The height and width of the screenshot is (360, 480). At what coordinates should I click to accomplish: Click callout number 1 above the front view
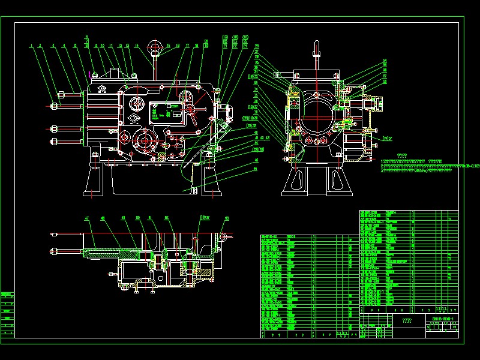click(30, 45)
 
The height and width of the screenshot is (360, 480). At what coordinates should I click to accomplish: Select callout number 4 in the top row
click(64, 45)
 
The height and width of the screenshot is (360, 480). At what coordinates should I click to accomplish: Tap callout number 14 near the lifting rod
click(137, 45)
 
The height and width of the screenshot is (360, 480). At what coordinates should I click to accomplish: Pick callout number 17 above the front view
click(188, 45)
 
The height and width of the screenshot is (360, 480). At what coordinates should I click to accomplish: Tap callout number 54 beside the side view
click(385, 60)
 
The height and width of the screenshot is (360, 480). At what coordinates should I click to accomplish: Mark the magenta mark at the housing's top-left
click(90, 75)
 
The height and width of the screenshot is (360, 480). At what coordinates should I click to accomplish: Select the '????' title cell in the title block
click(407, 321)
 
